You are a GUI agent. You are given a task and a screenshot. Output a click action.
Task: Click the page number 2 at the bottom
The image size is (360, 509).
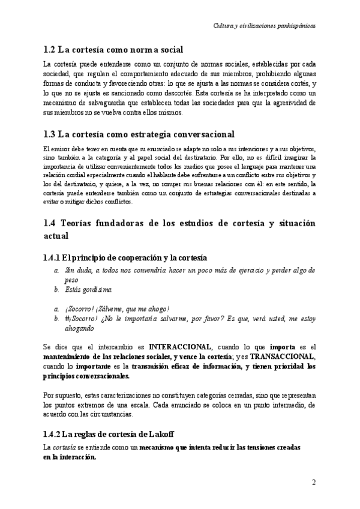(313, 483)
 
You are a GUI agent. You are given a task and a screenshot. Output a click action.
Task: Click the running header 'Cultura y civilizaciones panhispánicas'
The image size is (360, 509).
(265, 26)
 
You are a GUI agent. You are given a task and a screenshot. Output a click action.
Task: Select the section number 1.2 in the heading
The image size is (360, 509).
(50, 49)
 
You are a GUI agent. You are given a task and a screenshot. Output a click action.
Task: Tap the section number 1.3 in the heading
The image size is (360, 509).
(50, 134)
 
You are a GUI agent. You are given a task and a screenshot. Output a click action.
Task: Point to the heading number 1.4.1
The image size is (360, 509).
(52, 258)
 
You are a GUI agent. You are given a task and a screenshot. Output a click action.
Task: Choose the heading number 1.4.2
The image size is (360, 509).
(52, 435)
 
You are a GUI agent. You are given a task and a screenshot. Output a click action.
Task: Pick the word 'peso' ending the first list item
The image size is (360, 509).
(71, 280)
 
